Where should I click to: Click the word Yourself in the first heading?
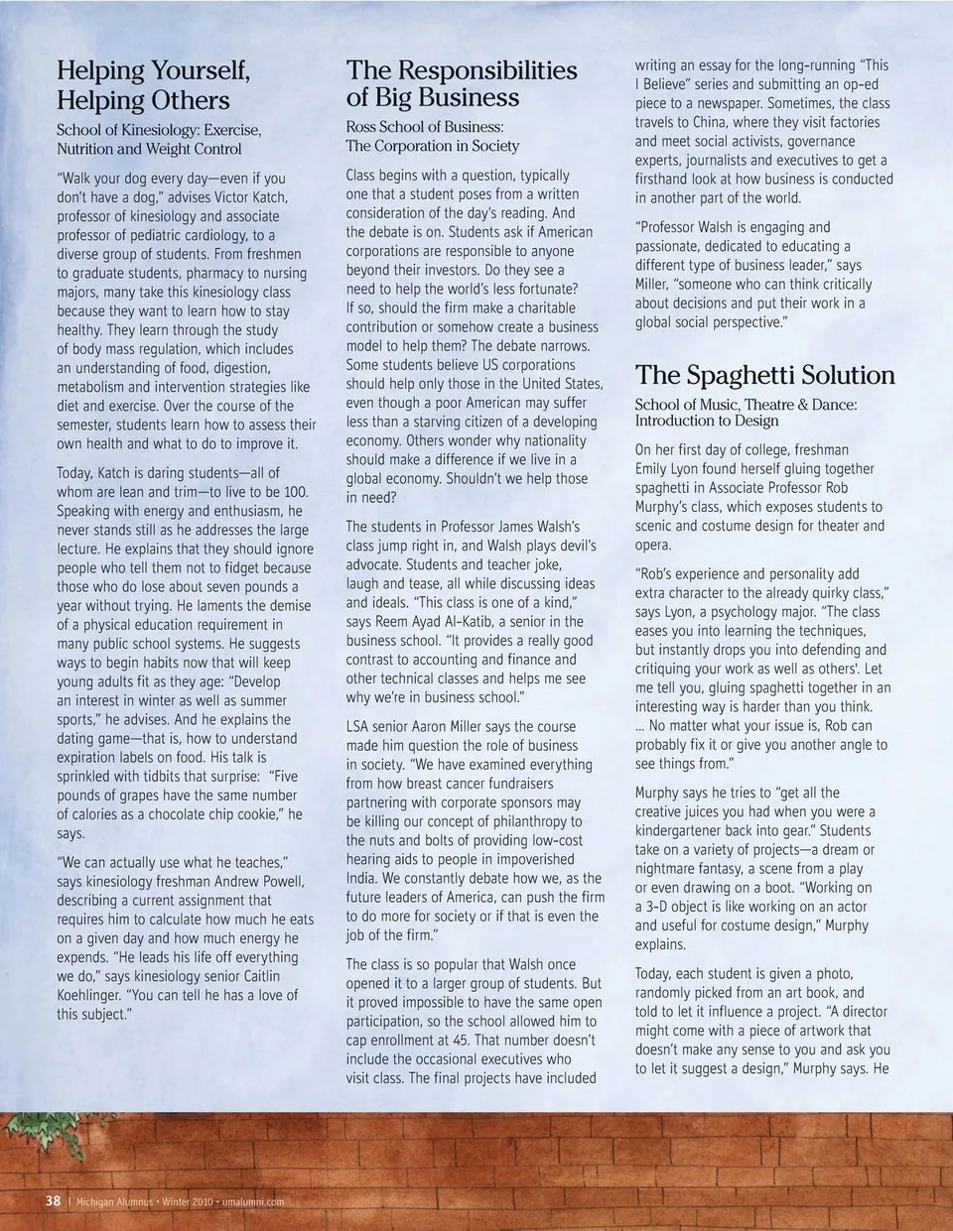point(194,70)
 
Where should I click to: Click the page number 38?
point(53,1200)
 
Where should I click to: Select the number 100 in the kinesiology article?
point(294,492)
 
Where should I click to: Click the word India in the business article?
point(362,879)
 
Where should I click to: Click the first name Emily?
point(654,469)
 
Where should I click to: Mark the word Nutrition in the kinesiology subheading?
point(85,149)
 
